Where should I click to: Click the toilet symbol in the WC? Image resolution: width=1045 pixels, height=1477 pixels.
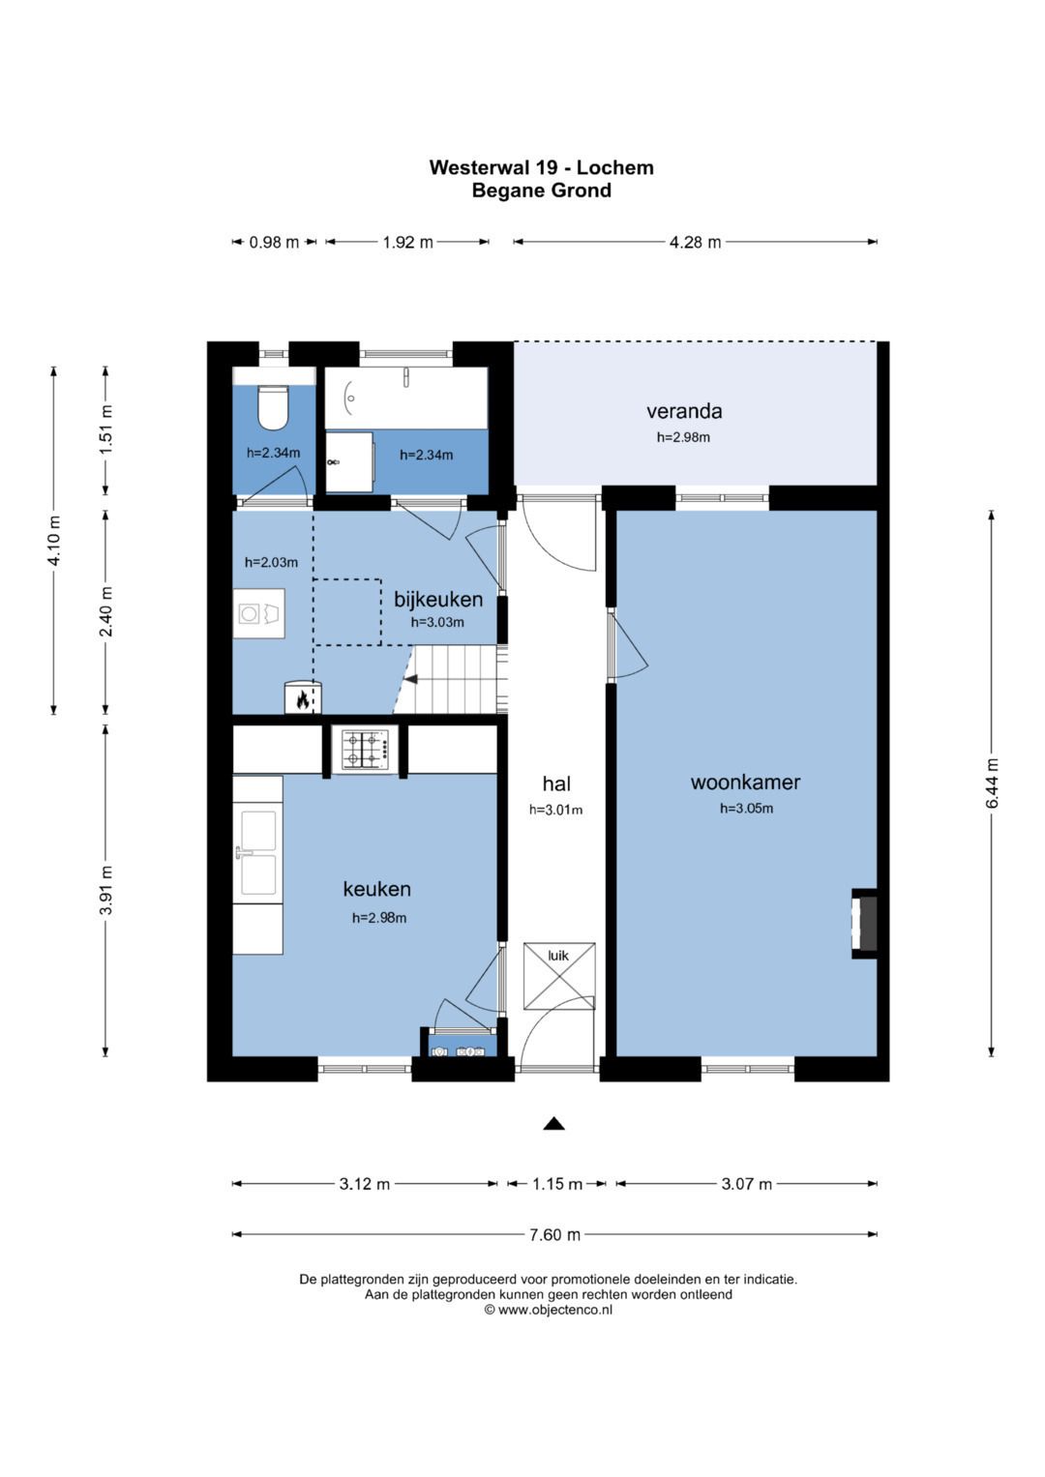pos(273,407)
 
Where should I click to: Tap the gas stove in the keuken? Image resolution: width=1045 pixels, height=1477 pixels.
pos(364,750)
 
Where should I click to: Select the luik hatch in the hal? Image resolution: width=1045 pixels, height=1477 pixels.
pos(559,976)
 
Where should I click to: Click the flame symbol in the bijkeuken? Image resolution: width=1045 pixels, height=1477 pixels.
pos(303,699)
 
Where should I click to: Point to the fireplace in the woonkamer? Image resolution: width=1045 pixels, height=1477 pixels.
pos(865,923)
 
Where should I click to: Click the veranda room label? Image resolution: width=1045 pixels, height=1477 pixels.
pos(684,411)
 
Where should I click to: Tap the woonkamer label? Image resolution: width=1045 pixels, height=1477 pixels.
pos(745,782)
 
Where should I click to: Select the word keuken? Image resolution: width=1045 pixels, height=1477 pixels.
pos(376,889)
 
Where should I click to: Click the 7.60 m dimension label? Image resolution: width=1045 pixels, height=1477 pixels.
pos(554,1234)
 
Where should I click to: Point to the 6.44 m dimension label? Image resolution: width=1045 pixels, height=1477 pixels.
pos(993,783)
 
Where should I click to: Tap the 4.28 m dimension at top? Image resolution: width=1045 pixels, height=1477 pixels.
pos(696,242)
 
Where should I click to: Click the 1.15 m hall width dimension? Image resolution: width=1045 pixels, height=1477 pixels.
pos(557,1184)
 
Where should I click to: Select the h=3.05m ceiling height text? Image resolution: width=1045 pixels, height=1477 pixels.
pos(746,809)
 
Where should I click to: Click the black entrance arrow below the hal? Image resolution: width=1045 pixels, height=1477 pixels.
pos(554,1124)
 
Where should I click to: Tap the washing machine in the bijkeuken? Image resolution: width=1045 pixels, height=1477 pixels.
pos(258,613)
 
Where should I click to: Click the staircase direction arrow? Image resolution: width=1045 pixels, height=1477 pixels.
pos(411,678)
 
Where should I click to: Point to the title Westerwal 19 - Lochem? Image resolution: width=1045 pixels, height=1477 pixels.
pos(542,167)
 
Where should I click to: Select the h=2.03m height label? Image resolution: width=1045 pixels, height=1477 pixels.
pos(271,562)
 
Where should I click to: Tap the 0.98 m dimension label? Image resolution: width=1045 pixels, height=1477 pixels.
pos(274,242)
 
